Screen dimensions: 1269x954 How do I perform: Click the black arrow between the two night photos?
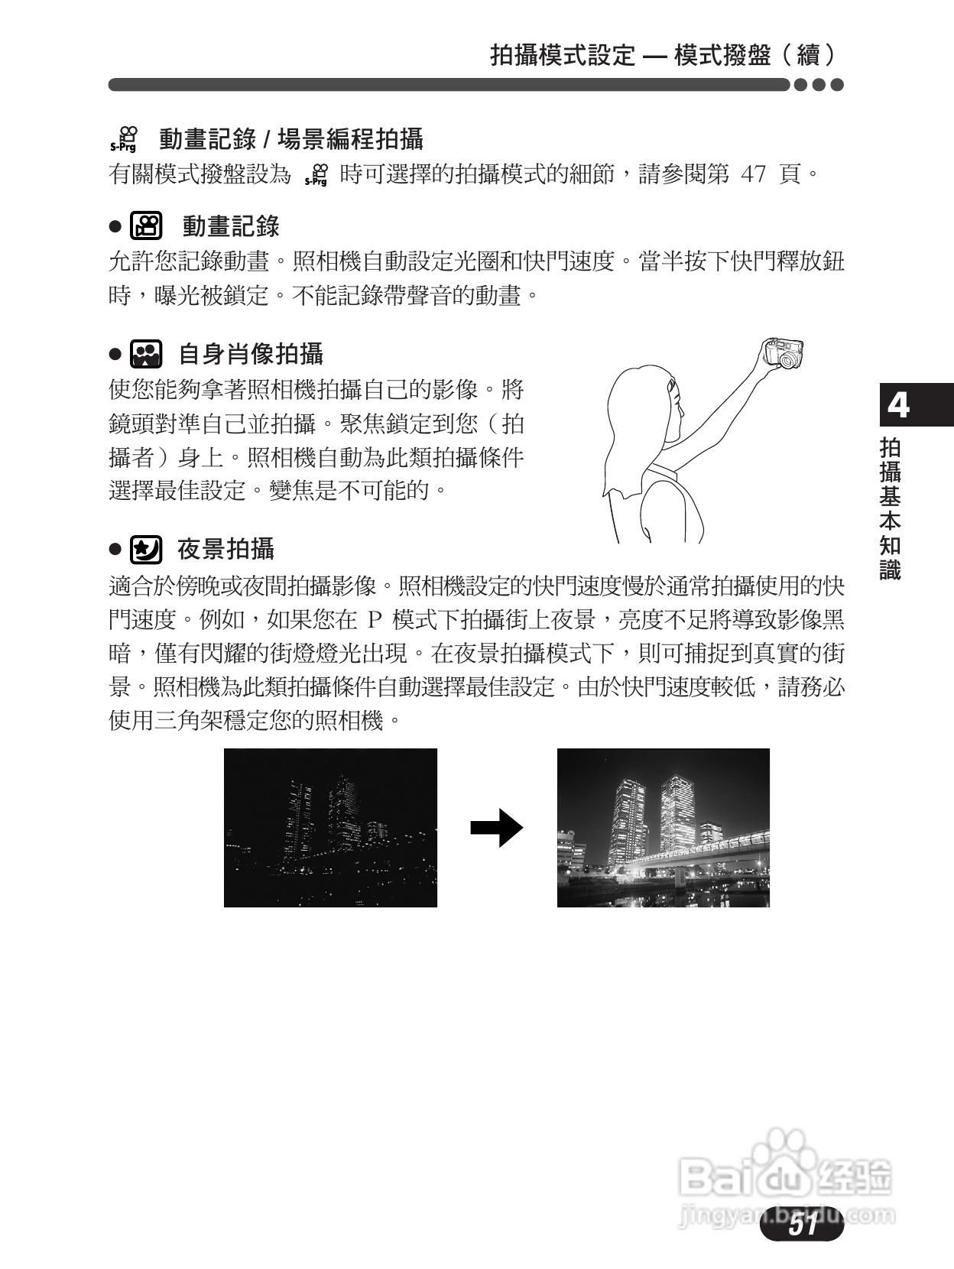point(496,828)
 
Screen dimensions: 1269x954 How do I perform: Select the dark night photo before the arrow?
point(330,827)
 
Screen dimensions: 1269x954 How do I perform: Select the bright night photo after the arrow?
point(663,827)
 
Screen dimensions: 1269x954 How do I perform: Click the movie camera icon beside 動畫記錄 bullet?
point(146,226)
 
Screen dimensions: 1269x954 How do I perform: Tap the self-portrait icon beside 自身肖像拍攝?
point(146,354)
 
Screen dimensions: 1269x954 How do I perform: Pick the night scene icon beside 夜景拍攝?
point(146,549)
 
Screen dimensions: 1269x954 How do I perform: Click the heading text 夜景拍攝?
point(226,549)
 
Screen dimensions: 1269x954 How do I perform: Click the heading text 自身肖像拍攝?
point(251,354)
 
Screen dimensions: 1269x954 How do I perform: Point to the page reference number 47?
point(753,174)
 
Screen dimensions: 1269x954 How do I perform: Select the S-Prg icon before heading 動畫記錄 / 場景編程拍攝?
point(123,139)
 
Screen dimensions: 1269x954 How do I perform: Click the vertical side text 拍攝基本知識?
point(891,508)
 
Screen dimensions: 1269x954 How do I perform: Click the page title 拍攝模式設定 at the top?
point(563,55)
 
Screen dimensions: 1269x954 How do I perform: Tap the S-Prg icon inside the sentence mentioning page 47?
point(316,175)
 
